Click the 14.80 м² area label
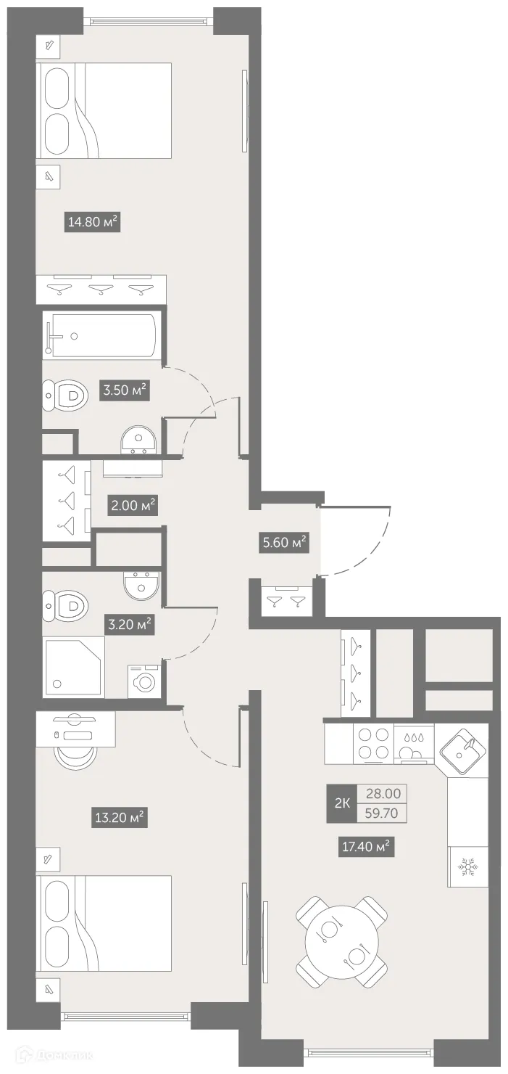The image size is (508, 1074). tap(93, 222)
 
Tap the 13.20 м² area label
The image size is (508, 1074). tap(120, 819)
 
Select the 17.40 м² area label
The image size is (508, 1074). tap(366, 845)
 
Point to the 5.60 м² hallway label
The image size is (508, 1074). tap(284, 541)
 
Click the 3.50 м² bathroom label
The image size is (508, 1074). tap(125, 390)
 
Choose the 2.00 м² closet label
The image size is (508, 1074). tap(133, 505)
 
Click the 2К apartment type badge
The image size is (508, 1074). tap(342, 803)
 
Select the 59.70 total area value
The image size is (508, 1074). tap(381, 813)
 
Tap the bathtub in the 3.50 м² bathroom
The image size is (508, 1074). tap(100, 335)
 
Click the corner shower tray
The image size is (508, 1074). tap(74, 667)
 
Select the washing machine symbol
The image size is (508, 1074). tap(145, 681)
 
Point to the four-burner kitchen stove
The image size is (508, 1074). tap(373, 743)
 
